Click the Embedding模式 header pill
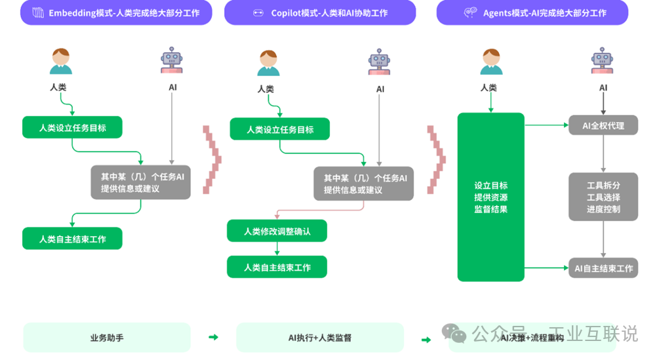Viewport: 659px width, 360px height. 116,12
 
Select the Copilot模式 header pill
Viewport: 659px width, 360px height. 320,12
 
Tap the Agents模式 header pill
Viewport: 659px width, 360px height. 532,12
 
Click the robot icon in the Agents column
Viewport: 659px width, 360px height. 603,61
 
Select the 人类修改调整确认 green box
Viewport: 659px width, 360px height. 277,231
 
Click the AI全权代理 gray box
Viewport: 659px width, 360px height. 603,125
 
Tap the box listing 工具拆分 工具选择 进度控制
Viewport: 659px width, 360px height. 603,197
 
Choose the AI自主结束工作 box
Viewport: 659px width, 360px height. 603,268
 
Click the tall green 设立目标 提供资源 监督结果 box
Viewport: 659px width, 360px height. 490,197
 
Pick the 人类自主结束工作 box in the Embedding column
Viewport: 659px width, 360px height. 72,239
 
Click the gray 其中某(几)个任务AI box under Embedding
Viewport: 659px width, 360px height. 140,182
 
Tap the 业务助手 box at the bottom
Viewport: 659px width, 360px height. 107,338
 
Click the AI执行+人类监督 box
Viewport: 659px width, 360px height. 320,338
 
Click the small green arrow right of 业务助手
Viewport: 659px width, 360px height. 213,337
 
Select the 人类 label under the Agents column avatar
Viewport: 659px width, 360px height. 489,87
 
